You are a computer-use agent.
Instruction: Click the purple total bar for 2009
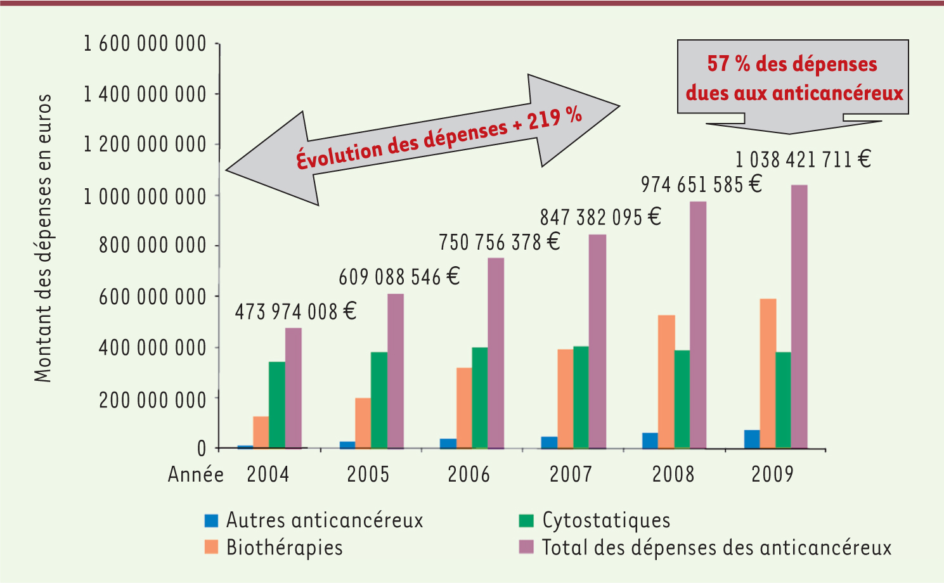pyautogui.click(x=799, y=317)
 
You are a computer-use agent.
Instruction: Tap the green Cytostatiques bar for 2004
pyautogui.click(x=277, y=405)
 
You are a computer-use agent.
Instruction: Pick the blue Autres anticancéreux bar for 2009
pyautogui.click(x=752, y=439)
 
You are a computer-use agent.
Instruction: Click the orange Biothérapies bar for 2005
pyautogui.click(x=363, y=423)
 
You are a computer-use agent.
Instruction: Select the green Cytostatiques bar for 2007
pyautogui.click(x=581, y=397)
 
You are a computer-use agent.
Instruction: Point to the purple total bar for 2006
pyautogui.click(x=496, y=353)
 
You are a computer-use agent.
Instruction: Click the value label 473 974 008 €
pyautogui.click(x=295, y=312)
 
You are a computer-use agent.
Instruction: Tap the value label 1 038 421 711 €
pyautogui.click(x=803, y=159)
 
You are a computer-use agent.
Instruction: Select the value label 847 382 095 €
pyautogui.click(x=600, y=217)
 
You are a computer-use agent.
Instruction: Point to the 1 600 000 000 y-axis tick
pyautogui.click(x=145, y=44)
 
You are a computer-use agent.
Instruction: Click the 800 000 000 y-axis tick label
pyautogui.click(x=153, y=245)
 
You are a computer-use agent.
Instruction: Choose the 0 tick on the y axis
pyautogui.click(x=202, y=448)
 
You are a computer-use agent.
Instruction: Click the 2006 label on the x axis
pyautogui.click(x=469, y=475)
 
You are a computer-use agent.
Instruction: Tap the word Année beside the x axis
pyautogui.click(x=195, y=475)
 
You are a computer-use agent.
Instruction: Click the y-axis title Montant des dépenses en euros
pyautogui.click(x=42, y=238)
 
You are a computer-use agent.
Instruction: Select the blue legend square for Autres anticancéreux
pyautogui.click(x=211, y=521)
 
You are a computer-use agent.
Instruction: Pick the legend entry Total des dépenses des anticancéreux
pyautogui.click(x=716, y=548)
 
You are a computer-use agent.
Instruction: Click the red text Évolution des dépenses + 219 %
pyautogui.click(x=439, y=138)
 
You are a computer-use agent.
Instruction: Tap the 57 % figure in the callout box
pyautogui.click(x=728, y=64)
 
